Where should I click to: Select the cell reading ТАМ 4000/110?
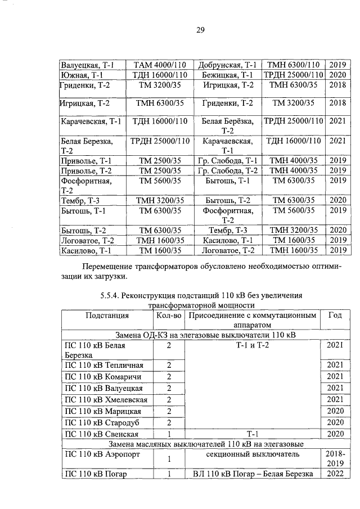(x=160, y=65)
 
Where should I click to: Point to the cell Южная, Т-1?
(x=82, y=75)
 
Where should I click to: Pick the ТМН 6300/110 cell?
(x=293, y=65)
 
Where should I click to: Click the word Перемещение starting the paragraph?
(x=109, y=267)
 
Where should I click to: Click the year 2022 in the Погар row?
(x=334, y=474)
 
